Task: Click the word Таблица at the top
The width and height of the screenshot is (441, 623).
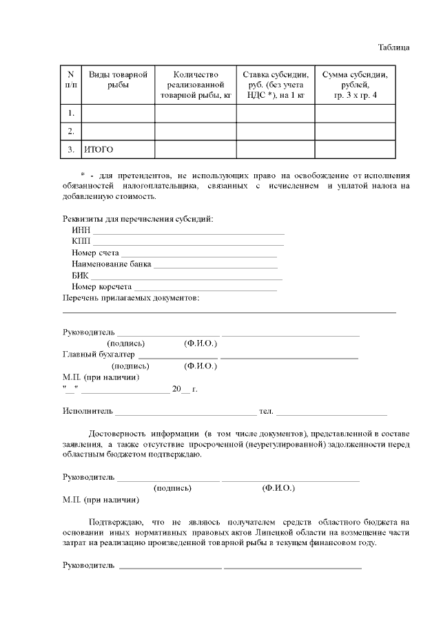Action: point(394,47)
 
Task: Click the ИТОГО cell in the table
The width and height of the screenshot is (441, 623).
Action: point(99,149)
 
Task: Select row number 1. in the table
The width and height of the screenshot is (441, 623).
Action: point(71,113)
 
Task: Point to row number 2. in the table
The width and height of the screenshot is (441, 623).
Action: point(71,131)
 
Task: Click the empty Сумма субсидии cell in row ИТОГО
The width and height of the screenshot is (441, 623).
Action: point(355,149)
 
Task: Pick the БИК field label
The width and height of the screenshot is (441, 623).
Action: point(80,275)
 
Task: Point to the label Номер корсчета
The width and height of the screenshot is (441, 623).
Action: point(102,286)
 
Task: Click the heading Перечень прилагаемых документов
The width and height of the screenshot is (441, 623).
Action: point(131,297)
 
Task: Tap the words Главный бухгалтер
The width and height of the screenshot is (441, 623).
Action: point(99,355)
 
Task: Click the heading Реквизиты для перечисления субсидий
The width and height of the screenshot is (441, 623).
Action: point(138,219)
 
